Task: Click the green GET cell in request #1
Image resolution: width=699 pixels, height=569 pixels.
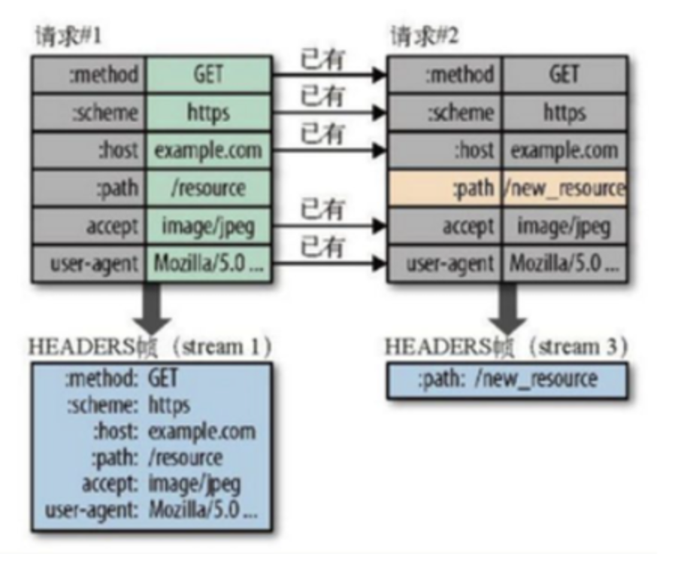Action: (207, 74)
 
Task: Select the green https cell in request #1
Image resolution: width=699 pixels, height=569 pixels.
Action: (207, 112)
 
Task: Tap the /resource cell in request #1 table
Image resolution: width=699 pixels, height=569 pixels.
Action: (207, 187)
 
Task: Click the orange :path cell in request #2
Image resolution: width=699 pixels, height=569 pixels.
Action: (444, 187)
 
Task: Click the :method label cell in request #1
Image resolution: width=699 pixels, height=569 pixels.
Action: (89, 74)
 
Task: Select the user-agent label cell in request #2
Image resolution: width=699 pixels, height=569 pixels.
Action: (444, 263)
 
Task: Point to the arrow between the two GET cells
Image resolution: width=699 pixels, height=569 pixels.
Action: (328, 75)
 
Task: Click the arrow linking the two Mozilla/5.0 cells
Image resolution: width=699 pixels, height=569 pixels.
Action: (328, 263)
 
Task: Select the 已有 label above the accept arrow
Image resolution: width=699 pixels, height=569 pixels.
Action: (322, 208)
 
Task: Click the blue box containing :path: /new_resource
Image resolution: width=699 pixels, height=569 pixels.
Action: (507, 379)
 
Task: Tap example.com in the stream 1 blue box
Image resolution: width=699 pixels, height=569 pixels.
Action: (201, 431)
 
